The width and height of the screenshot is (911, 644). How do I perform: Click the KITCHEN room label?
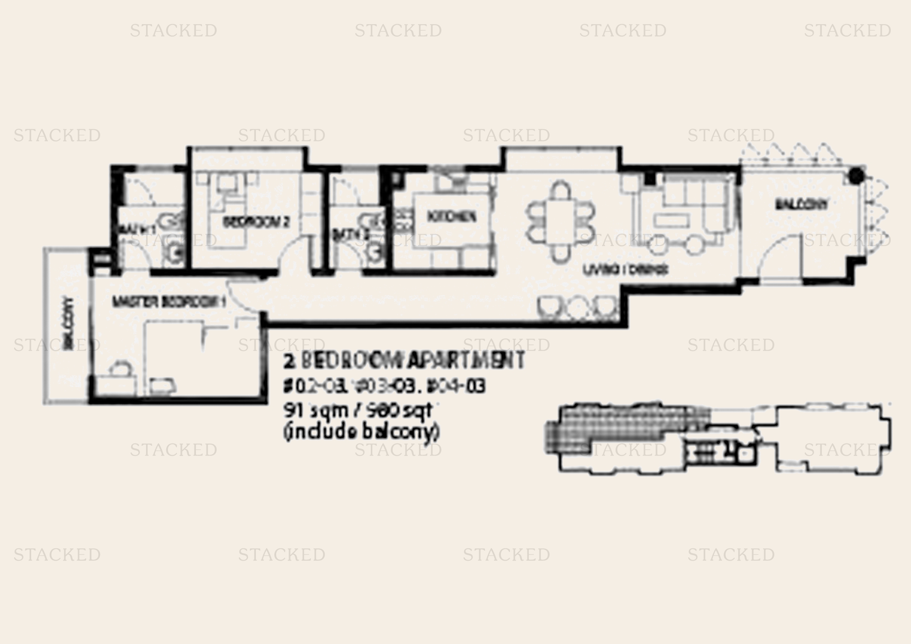(451, 216)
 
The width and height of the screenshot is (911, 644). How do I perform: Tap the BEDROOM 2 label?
(256, 222)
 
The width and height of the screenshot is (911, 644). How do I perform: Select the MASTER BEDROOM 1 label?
(169, 302)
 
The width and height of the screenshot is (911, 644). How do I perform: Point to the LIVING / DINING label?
(626, 270)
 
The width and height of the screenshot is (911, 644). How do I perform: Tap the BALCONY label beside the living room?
(802, 205)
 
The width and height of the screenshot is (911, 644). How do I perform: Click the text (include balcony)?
(361, 432)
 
